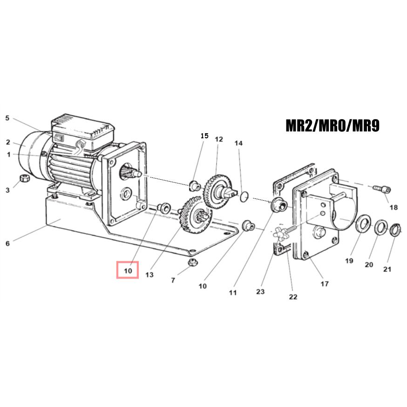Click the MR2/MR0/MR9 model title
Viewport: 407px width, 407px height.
[332, 126]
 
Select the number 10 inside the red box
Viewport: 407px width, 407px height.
[128, 271]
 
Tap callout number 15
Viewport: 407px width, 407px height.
[204, 136]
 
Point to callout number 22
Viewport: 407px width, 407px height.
[293, 297]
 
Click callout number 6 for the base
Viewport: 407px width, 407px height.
[8, 244]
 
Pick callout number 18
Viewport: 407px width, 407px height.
[394, 207]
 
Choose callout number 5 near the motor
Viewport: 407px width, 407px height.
[7, 118]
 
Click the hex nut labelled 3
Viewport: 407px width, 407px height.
[24, 178]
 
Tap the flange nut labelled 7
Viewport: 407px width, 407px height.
[192, 262]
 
